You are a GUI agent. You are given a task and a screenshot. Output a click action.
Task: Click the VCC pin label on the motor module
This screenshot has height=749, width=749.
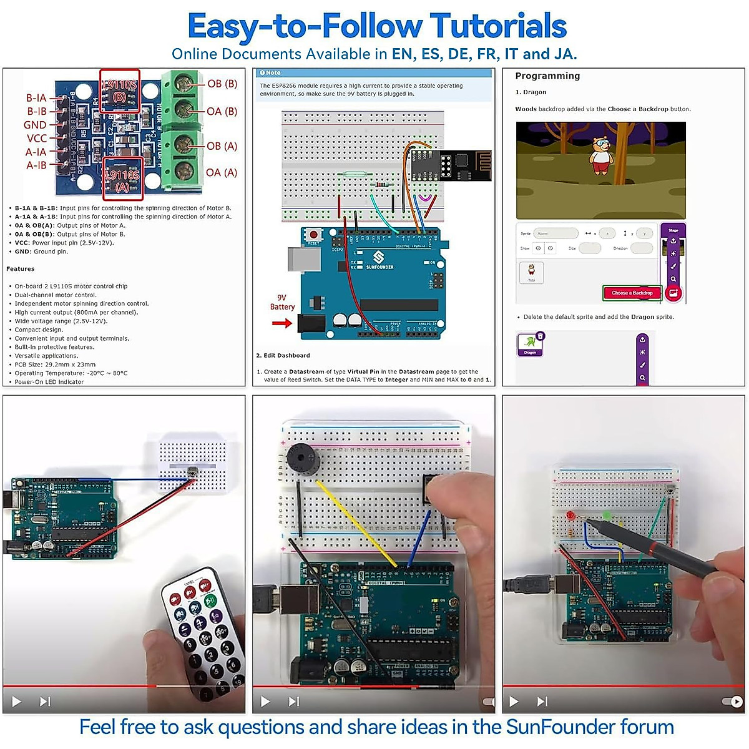coord(37,138)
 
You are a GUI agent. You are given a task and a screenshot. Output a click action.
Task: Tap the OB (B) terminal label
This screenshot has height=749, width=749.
coord(222,84)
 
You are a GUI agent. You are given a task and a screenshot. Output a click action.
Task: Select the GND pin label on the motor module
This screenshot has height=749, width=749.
coord(35,125)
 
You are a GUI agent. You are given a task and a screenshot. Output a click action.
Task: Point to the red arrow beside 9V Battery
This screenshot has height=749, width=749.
coord(282,323)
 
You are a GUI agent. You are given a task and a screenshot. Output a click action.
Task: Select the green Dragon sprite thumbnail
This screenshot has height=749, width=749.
coord(530,343)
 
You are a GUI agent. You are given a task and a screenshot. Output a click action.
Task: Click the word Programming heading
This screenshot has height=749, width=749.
coord(547,76)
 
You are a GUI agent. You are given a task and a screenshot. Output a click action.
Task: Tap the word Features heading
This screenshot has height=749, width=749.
coord(21,269)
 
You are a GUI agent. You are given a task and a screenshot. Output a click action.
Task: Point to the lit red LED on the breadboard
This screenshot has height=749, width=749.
coord(570,516)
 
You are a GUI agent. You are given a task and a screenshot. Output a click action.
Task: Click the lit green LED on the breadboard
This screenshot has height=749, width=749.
coord(606,516)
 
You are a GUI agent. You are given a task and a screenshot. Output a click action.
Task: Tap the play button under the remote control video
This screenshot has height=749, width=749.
coord(17,702)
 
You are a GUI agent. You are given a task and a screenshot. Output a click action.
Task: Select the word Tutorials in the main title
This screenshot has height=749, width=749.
coord(498,26)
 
